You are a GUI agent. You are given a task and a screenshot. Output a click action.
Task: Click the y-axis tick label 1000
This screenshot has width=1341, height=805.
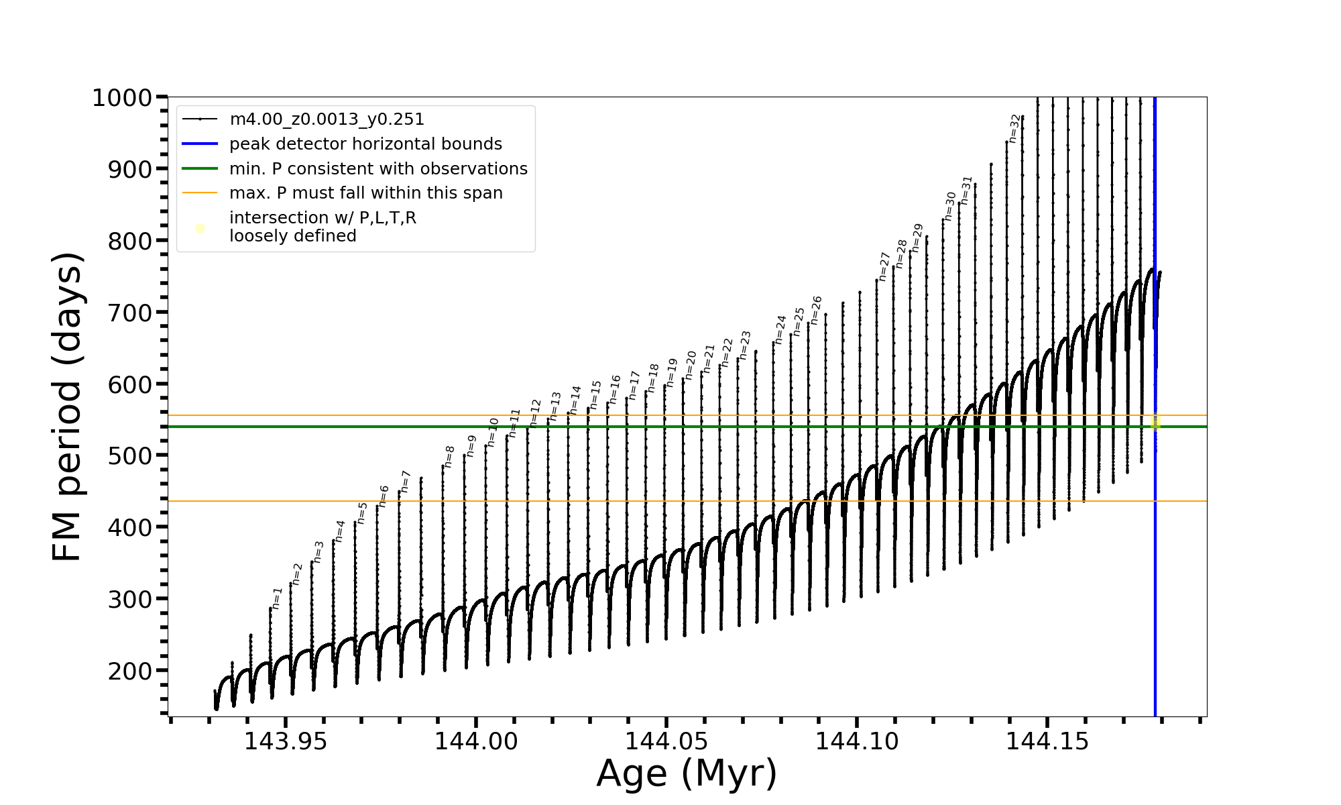point(121,98)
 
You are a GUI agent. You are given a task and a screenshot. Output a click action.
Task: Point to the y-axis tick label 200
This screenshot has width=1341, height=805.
point(130,671)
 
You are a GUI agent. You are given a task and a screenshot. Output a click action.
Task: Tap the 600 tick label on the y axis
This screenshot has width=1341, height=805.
point(130,384)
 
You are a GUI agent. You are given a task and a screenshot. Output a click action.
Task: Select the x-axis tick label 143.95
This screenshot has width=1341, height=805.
point(286,742)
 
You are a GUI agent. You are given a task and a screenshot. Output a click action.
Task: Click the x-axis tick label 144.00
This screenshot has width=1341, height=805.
point(476,742)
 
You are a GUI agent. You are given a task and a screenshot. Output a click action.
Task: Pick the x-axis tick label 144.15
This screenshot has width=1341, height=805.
point(1048,742)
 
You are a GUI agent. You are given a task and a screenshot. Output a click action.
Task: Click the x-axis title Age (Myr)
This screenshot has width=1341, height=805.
point(687,773)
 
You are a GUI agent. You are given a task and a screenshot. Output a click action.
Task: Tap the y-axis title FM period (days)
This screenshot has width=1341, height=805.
point(67,407)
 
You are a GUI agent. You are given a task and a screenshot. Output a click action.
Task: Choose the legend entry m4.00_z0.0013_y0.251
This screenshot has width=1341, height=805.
point(327,119)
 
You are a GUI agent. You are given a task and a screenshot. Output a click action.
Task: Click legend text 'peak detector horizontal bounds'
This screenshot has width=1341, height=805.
point(365,144)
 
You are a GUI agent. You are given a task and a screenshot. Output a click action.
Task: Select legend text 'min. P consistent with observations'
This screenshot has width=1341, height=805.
point(378,169)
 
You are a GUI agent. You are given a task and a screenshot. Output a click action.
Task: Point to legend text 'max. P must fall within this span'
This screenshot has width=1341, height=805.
point(365,193)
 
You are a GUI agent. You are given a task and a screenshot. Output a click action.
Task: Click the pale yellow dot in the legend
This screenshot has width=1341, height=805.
point(200,229)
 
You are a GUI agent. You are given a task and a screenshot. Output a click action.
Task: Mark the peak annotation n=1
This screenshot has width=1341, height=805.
point(277,598)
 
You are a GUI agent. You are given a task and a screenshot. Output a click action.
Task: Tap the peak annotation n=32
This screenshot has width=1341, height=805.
point(1014,128)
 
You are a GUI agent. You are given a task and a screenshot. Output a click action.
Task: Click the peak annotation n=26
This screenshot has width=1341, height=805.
point(816,310)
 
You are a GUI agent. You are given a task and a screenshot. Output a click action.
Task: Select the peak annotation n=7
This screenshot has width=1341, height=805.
point(405,482)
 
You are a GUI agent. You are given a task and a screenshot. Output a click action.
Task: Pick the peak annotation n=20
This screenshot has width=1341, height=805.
point(691,365)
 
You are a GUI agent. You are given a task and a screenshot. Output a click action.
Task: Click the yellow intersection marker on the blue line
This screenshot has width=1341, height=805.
point(1155,423)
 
